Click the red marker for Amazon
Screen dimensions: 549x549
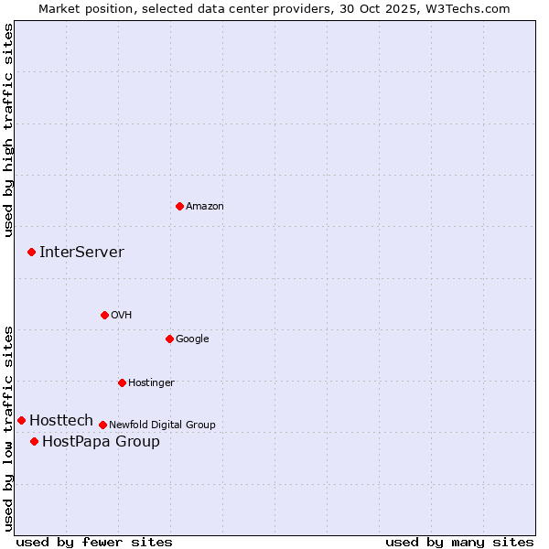179,206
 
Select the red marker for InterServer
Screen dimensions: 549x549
31,252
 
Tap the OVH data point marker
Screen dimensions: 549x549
104,315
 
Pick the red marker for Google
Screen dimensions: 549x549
169,339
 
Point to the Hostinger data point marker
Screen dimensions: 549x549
122,382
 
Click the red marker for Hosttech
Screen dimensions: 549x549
21,420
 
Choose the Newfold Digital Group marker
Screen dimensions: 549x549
102,425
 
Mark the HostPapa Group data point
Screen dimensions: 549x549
34,441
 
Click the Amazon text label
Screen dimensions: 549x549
205,207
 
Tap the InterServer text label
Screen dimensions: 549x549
81,253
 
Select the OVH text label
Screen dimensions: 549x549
122,316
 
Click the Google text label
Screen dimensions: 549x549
192,339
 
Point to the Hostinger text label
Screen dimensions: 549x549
151,383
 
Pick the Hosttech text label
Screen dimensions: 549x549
61,421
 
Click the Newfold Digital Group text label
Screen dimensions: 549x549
162,425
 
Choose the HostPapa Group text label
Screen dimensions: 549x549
101,442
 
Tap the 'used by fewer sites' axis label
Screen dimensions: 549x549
94,542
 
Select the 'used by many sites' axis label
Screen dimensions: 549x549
459,542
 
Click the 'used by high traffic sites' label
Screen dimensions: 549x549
8,130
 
